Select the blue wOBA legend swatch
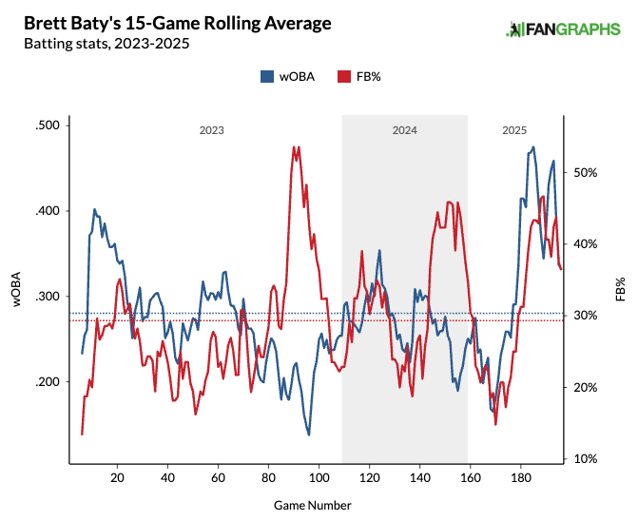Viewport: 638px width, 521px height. (x=267, y=76)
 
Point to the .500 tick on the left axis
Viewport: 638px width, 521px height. (x=47, y=125)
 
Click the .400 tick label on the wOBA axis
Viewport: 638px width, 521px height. (x=47, y=211)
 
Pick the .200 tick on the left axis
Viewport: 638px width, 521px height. (x=47, y=382)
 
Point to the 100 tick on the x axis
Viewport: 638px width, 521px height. (x=319, y=477)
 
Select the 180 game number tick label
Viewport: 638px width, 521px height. (x=520, y=477)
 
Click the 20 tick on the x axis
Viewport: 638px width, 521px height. (x=117, y=477)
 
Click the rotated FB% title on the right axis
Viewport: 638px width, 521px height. (x=620, y=289)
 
